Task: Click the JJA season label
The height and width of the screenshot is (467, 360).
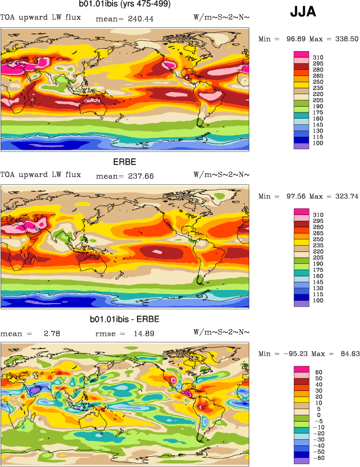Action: (x=303, y=11)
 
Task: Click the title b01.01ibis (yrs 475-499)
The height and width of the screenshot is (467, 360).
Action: (x=124, y=5)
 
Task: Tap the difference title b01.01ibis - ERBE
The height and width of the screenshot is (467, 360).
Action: (x=124, y=320)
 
